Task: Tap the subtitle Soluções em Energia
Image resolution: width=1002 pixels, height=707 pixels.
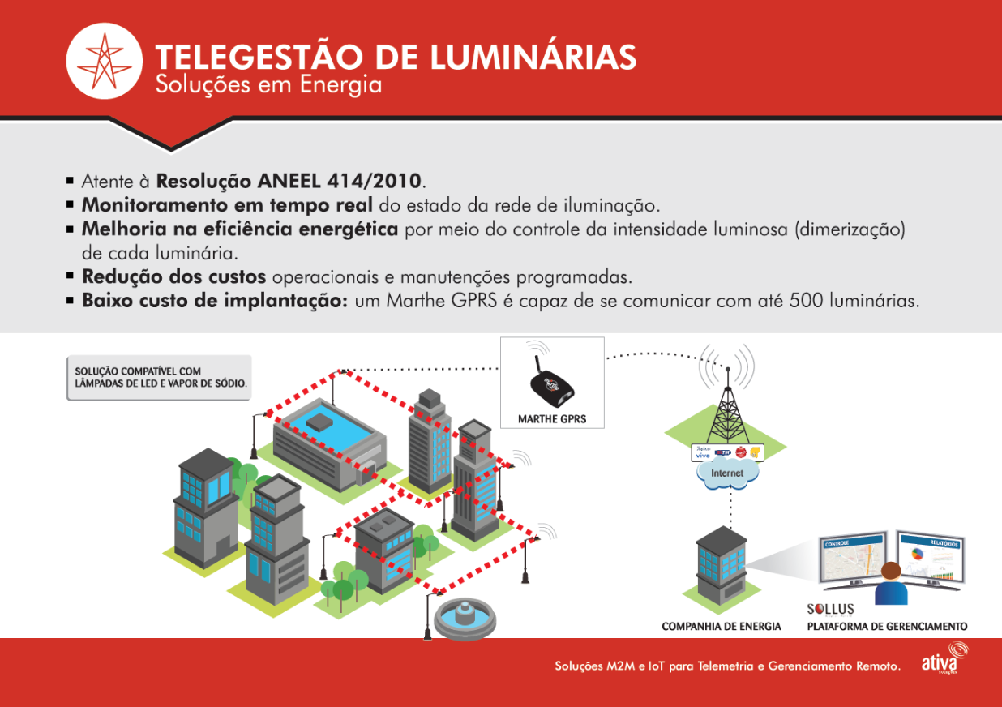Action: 268,84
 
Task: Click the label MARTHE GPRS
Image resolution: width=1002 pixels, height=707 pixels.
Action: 551,420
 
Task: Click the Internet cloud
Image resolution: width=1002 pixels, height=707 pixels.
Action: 726,473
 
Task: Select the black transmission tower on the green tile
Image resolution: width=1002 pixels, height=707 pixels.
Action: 726,405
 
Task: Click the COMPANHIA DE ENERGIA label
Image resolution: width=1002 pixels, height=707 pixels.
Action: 722,627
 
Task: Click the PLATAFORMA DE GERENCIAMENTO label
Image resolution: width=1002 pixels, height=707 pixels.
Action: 887,627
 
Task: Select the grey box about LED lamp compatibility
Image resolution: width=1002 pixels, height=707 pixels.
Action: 159,377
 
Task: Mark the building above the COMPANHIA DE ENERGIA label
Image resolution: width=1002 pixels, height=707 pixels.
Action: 721,568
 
